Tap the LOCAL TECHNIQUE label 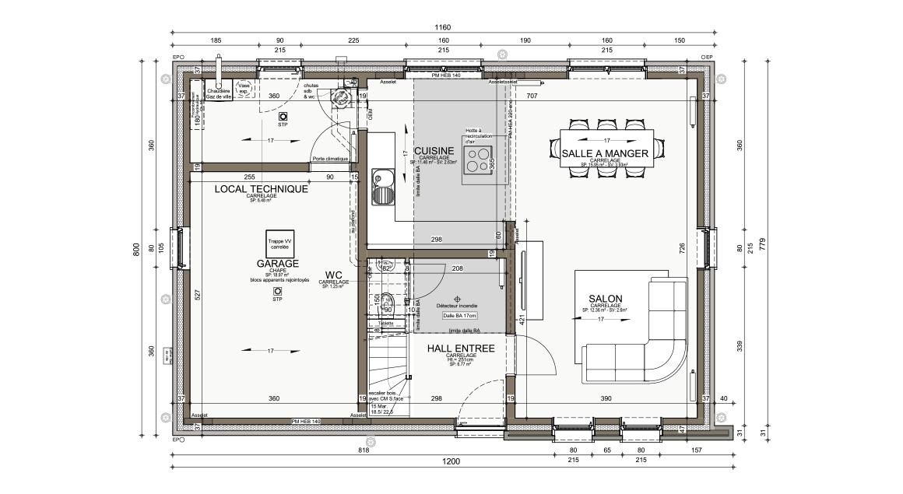[261, 189]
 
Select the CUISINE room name [434, 151]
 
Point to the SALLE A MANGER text [605, 153]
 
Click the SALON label [605, 299]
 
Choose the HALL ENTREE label [461, 349]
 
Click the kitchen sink [382, 187]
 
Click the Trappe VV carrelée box [279, 243]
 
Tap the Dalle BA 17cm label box [459, 316]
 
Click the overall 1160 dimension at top [443, 27]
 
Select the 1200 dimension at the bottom [451, 461]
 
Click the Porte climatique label [329, 159]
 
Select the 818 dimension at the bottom [364, 450]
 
